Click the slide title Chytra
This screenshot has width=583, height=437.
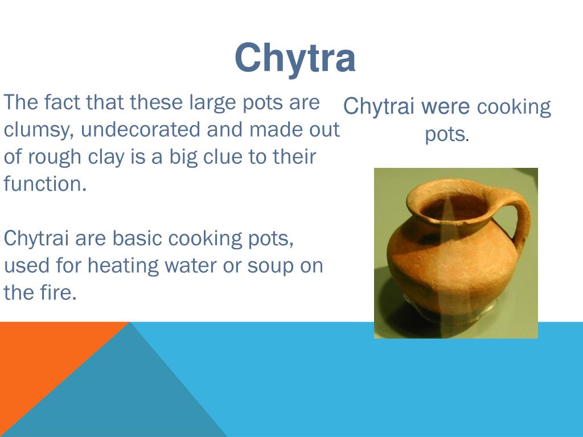point(295,58)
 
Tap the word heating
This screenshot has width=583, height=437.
point(124,266)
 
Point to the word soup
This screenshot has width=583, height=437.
point(270,266)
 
